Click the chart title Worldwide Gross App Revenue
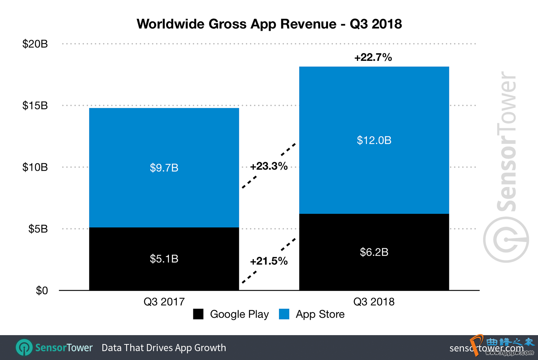[269, 24]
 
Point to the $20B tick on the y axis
[35, 44]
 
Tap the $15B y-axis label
[35, 106]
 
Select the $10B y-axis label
[35, 167]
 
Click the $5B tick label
[38, 229]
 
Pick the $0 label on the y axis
[42, 291]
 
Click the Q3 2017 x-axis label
[164, 302]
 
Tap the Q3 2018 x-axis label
[374, 302]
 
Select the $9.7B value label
[164, 168]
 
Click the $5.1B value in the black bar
[164, 259]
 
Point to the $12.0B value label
[374, 140]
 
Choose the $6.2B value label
[374, 252]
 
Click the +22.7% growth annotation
[373, 58]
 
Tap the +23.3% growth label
[269, 166]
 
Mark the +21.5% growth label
[269, 261]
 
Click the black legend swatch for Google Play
[198, 314]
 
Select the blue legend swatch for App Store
[284, 314]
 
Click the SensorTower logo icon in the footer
[24, 348]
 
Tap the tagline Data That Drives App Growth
[164, 348]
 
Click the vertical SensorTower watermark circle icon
[506, 240]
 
